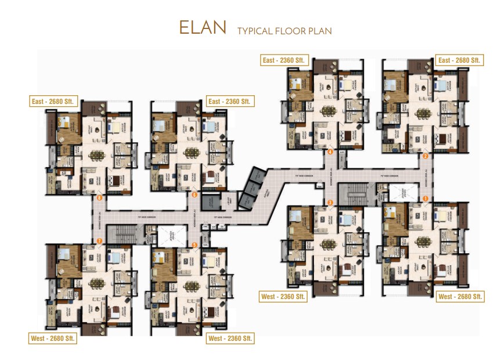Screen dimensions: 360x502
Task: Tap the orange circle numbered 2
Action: (x=425, y=156)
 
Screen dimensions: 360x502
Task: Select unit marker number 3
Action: (x=330, y=202)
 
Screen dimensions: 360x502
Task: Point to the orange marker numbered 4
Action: (x=330, y=152)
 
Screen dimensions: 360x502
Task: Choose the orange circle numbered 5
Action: (x=194, y=245)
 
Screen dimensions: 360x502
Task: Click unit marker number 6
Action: (x=194, y=195)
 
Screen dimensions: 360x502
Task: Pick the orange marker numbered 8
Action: (x=100, y=198)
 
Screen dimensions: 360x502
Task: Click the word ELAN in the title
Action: (x=203, y=28)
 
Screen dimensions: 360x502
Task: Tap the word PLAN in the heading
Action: (x=319, y=31)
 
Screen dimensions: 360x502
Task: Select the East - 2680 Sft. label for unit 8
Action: (x=53, y=101)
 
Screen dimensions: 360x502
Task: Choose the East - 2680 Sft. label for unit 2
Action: (x=460, y=60)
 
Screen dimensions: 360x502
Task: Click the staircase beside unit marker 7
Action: (x=121, y=236)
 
